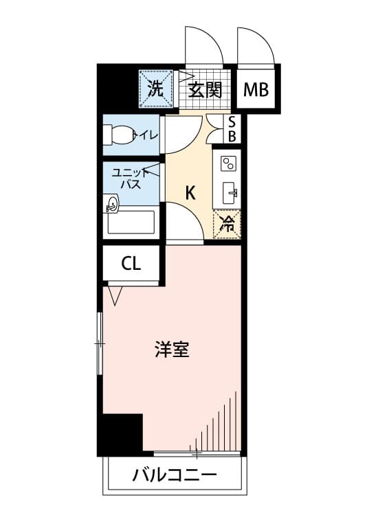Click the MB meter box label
[256, 89]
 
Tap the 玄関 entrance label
[205, 90]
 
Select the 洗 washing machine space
[155, 89]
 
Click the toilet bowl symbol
[118, 135]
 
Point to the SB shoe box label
[232, 129]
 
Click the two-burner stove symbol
[229, 163]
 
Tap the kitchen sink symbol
[230, 193]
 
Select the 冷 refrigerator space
[227, 224]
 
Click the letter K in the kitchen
[190, 193]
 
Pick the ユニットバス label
[131, 179]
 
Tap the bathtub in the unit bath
[131, 222]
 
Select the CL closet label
[131, 263]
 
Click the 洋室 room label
[172, 350]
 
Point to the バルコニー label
[175, 475]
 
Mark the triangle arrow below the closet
[115, 295]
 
